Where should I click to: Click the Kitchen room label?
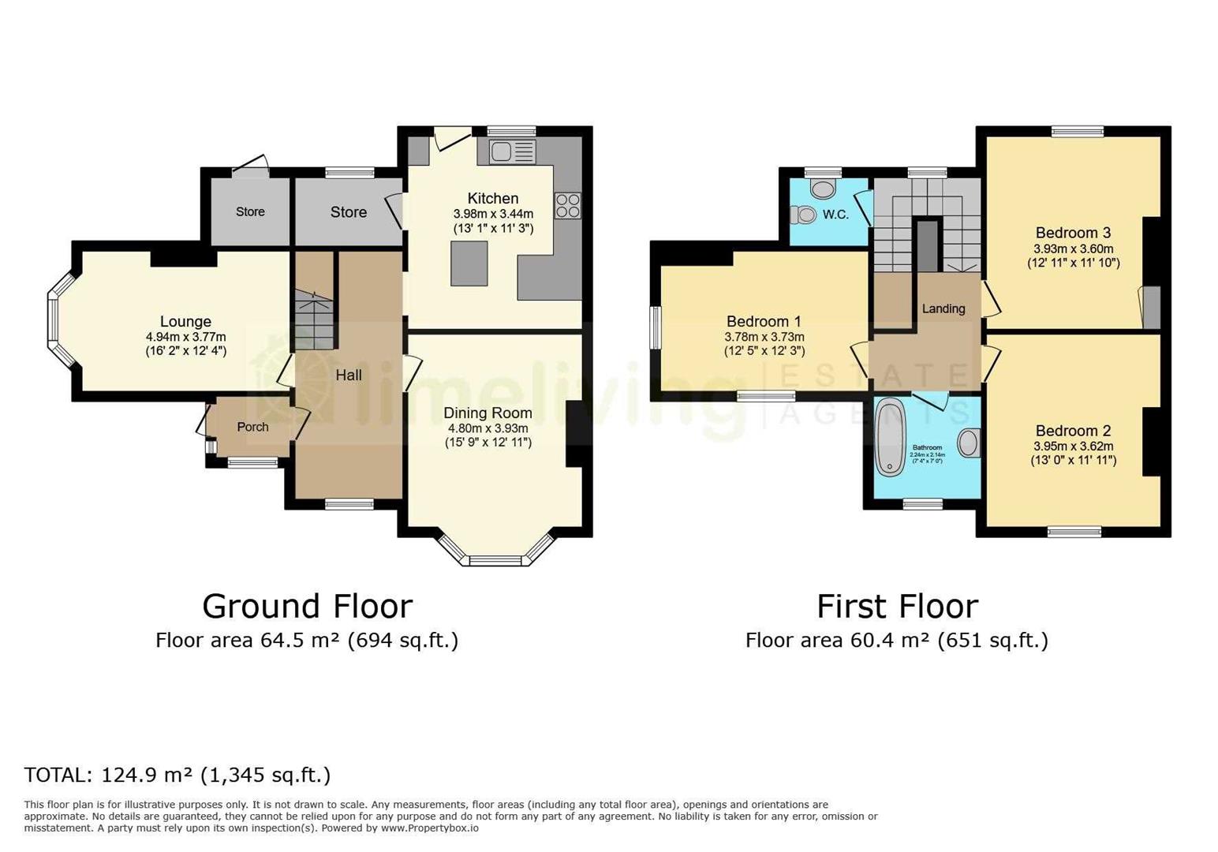pyautogui.click(x=492, y=199)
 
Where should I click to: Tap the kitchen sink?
pyautogui.click(x=511, y=151)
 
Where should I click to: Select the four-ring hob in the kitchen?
pyautogui.click(x=567, y=205)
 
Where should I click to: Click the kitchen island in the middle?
pyautogui.click(x=469, y=263)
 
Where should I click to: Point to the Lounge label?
pyautogui.click(x=185, y=322)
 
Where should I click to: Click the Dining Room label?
pyautogui.click(x=488, y=413)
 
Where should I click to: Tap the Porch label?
pyautogui.click(x=252, y=427)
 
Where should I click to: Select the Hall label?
pyautogui.click(x=349, y=376)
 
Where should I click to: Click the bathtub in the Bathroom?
pyautogui.click(x=890, y=438)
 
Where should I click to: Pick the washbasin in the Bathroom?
pyautogui.click(x=970, y=443)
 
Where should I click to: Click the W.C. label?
pyautogui.click(x=835, y=215)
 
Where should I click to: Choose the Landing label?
pyautogui.click(x=943, y=308)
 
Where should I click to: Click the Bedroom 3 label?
pyautogui.click(x=1073, y=233)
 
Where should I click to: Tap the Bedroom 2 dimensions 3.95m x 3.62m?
pyautogui.click(x=1073, y=446)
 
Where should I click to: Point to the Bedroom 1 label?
pyautogui.click(x=764, y=322)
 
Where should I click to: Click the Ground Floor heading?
pyautogui.click(x=307, y=607)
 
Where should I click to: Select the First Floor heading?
pyautogui.click(x=897, y=607)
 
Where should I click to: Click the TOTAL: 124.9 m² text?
pyautogui.click(x=177, y=775)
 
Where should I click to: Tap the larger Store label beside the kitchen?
pyautogui.click(x=348, y=212)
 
